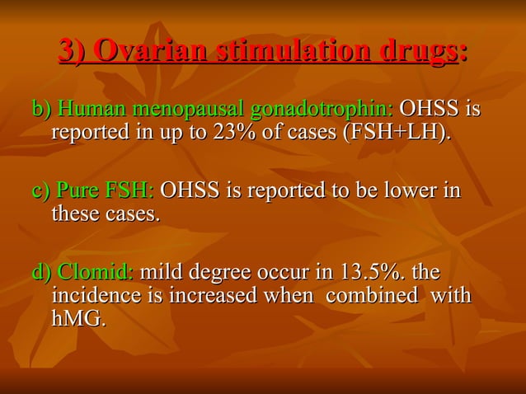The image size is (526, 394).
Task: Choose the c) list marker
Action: point(40,191)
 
